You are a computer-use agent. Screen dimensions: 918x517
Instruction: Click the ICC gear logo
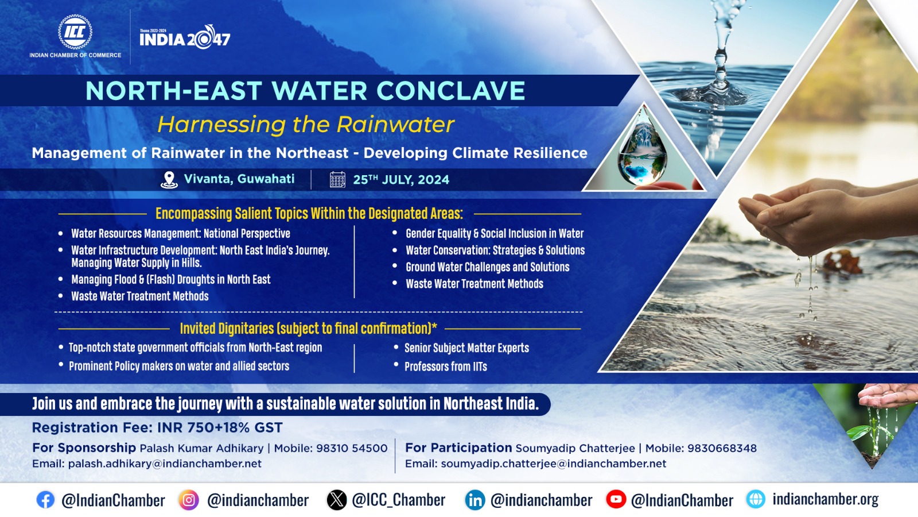(x=75, y=32)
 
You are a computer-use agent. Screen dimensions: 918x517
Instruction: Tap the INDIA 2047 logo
(x=185, y=38)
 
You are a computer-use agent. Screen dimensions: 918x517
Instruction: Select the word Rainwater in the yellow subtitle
(x=395, y=124)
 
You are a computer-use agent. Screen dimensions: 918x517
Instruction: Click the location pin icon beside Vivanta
(x=169, y=180)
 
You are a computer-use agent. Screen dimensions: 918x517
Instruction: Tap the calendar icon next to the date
(x=338, y=180)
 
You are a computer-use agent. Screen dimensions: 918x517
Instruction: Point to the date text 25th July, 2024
(x=401, y=180)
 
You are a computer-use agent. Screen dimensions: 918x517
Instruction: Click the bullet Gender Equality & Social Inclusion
(x=495, y=233)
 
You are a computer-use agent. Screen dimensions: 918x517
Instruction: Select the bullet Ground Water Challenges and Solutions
(x=488, y=267)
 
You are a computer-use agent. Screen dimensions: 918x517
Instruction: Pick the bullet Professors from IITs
(x=446, y=366)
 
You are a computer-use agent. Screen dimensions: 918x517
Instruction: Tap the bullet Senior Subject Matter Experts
(x=467, y=348)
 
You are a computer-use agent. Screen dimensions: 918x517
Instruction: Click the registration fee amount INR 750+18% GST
(x=220, y=427)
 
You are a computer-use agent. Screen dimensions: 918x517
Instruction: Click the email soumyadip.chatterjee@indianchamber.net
(x=554, y=464)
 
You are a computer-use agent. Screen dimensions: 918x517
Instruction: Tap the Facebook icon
(x=45, y=500)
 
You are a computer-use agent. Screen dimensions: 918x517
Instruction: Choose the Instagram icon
(x=189, y=500)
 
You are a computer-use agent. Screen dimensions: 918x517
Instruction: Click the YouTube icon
(x=616, y=499)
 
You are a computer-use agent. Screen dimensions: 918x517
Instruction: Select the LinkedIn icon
(x=475, y=500)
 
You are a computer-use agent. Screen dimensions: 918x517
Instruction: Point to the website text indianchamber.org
(x=826, y=499)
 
